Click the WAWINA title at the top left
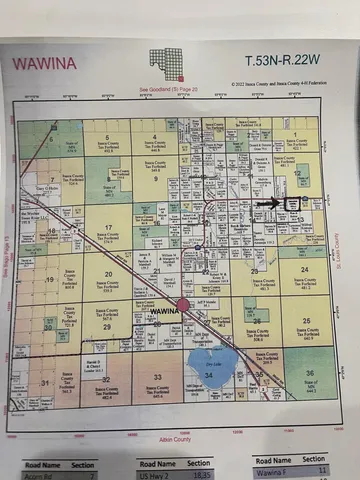pos(44,62)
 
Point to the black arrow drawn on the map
pos(269,202)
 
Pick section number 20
pos(105,271)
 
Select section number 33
pos(158,375)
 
